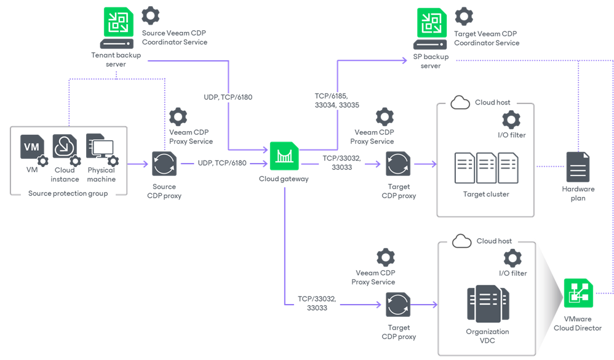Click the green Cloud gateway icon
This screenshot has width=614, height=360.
point(284,157)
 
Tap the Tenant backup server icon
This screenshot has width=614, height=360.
point(116,28)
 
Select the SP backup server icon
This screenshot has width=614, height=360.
point(431,28)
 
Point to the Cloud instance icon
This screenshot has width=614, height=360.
point(64,148)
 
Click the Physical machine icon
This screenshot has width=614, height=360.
point(100,148)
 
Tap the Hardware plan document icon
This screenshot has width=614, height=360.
point(578,167)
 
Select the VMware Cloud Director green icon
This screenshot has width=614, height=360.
point(578,294)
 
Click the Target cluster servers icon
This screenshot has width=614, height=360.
point(485,168)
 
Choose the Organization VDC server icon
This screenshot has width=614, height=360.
point(487,304)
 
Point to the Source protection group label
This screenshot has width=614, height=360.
point(68,193)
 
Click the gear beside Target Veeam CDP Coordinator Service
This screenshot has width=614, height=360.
point(464,17)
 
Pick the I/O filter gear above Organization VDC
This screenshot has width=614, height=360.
point(512,258)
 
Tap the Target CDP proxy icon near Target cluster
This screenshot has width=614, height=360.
point(398,164)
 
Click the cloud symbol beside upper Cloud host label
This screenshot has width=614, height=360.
point(460,103)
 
